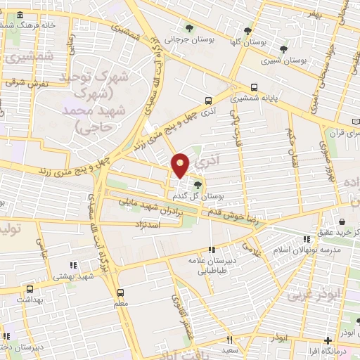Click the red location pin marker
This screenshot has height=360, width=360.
[181, 165]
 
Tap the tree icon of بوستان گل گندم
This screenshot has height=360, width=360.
[198, 186]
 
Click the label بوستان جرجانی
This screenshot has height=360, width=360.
[184, 40]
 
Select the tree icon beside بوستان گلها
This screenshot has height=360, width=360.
[247, 30]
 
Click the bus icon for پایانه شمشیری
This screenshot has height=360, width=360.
[255, 89]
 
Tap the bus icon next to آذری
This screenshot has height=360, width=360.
[207, 101]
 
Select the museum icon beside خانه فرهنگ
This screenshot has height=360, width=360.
[18, 15]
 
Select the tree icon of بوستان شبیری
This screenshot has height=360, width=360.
[283, 49]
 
